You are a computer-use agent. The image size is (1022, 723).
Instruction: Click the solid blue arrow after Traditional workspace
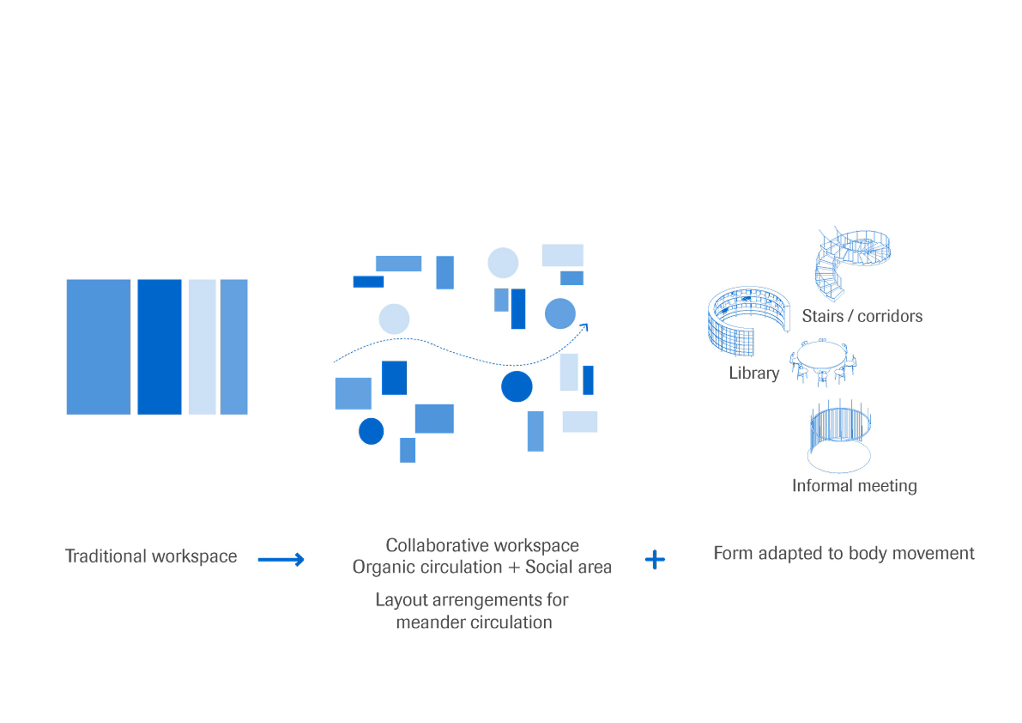[x=281, y=559]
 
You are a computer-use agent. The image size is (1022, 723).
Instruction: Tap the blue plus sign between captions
[x=655, y=559]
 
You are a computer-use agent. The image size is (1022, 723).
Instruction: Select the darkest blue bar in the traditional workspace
[x=159, y=347]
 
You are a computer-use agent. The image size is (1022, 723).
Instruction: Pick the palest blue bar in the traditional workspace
[x=202, y=347]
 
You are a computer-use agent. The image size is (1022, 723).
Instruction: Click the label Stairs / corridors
[x=862, y=316]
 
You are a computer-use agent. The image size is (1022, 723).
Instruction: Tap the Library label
[x=754, y=373]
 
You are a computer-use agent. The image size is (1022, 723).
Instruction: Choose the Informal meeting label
[x=854, y=486]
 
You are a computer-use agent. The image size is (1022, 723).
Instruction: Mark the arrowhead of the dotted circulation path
[x=585, y=327]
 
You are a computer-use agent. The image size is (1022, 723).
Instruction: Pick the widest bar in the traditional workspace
[x=99, y=347]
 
